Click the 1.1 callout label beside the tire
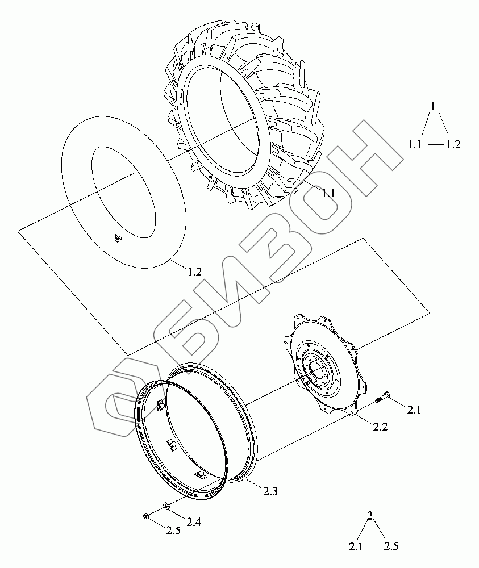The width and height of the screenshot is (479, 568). (x=328, y=193)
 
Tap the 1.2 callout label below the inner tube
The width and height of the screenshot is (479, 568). (x=194, y=272)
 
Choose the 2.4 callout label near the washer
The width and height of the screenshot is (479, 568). (x=194, y=522)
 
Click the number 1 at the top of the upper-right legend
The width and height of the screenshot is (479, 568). (x=433, y=106)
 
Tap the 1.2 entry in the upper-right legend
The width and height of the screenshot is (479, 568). (x=452, y=144)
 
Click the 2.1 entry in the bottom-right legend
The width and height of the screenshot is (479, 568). (x=356, y=547)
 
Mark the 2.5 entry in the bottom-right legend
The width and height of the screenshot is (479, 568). (x=391, y=547)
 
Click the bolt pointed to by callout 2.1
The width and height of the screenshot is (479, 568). (x=382, y=397)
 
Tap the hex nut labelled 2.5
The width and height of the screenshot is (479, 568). (x=145, y=516)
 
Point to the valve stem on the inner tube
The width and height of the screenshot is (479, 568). (x=117, y=239)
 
